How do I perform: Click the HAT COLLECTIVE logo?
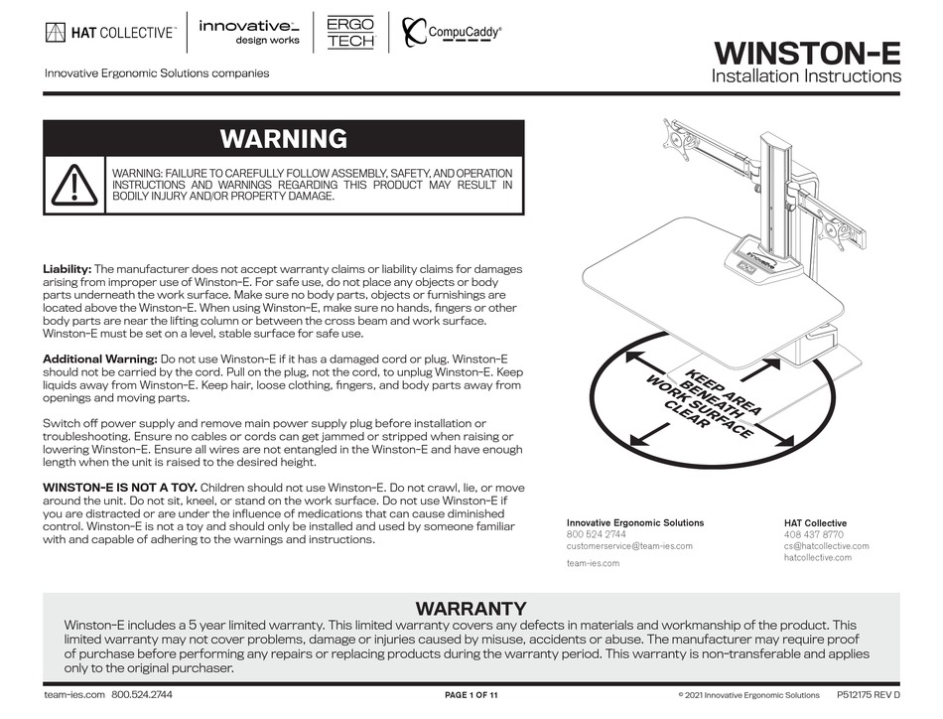click(110, 33)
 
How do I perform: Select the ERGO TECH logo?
click(349, 32)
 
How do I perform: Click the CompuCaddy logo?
click(453, 33)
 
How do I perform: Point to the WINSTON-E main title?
click(807, 52)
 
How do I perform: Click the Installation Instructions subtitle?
click(806, 76)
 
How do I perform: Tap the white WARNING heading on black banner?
click(283, 138)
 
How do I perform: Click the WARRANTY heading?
click(471, 608)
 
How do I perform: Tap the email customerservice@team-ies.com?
click(629, 546)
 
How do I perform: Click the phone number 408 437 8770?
click(813, 534)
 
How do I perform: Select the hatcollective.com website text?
click(817, 557)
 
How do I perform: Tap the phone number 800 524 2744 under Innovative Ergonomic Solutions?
click(596, 534)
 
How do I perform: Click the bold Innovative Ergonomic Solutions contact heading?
click(634, 522)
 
